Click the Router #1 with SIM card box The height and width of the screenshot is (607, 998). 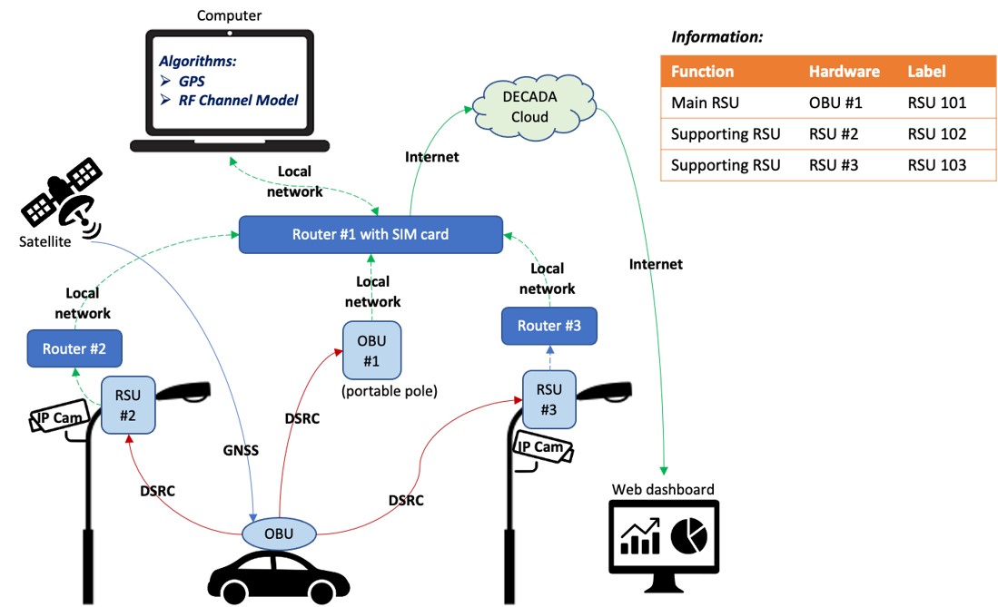point(371,234)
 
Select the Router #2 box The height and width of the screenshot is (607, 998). point(74,348)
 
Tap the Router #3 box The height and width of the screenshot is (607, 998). point(549,326)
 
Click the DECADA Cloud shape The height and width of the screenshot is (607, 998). point(530,104)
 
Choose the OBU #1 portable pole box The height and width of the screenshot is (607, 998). point(371,350)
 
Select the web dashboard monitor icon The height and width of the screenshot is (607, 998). point(663,541)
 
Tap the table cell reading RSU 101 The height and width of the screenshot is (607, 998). point(936,103)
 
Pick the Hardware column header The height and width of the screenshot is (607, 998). point(844,72)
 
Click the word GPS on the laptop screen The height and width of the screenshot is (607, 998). point(192,81)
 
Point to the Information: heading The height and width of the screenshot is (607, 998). point(716,37)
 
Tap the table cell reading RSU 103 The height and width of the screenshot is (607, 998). point(936,165)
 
